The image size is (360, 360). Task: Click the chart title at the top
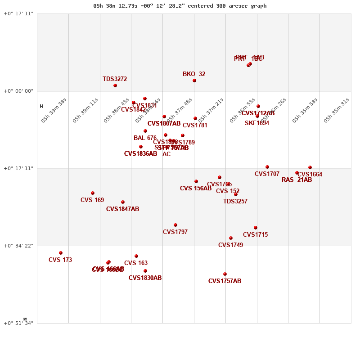180,6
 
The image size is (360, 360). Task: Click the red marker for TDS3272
115,85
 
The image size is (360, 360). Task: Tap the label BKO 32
194,74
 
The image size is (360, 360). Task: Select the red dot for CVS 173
61,253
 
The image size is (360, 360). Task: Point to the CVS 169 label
92,200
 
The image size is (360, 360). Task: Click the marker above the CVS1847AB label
123,202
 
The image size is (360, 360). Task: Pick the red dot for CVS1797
175,225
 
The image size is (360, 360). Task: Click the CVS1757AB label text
225,281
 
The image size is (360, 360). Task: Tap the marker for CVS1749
231,238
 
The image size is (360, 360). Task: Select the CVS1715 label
255,235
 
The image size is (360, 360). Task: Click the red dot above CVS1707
267,167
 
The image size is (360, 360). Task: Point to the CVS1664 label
310,175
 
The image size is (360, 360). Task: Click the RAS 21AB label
297,180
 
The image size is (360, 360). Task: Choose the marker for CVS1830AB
145,271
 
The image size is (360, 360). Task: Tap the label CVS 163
136,263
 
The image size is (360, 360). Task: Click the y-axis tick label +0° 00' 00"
18,91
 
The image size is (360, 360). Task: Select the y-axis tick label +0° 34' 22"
18,246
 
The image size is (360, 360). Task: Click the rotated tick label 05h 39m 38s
54,110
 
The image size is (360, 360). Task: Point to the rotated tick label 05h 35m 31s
336,110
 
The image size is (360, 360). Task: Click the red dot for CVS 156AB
196,181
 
